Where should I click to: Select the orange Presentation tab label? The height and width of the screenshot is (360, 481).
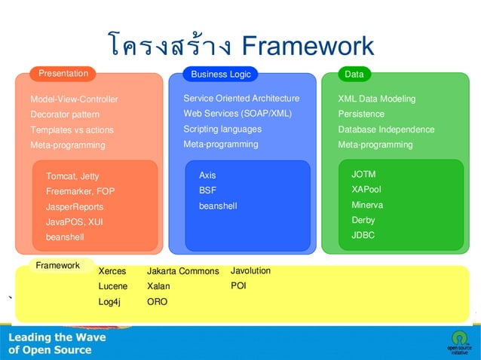pos(63,74)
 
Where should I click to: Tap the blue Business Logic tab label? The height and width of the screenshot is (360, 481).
pos(221,75)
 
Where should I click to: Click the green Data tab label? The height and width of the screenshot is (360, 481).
pos(354,75)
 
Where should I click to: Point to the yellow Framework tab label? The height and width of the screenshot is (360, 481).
pos(57,265)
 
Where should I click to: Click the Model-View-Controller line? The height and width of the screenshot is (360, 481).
pos(74,99)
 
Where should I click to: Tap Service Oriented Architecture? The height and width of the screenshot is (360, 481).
pos(241,99)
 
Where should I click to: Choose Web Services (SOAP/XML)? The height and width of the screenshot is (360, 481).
pos(237,114)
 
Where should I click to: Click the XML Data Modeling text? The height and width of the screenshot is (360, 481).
pos(376,99)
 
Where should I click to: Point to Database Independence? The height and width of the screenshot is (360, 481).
pos(386,130)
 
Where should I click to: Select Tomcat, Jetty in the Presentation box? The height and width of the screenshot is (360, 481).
pos(72,176)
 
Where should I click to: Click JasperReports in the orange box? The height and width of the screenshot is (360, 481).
pos(75,206)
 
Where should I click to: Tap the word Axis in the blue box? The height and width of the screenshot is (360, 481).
pos(207,175)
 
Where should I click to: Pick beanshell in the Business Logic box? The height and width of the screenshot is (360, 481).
pos(218,206)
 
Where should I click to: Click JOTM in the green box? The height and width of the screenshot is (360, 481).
pos(363,175)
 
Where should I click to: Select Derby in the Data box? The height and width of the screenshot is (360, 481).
pos(363,220)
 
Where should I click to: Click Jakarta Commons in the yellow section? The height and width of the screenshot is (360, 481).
pos(182,271)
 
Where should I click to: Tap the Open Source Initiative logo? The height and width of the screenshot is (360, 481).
pos(458,341)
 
